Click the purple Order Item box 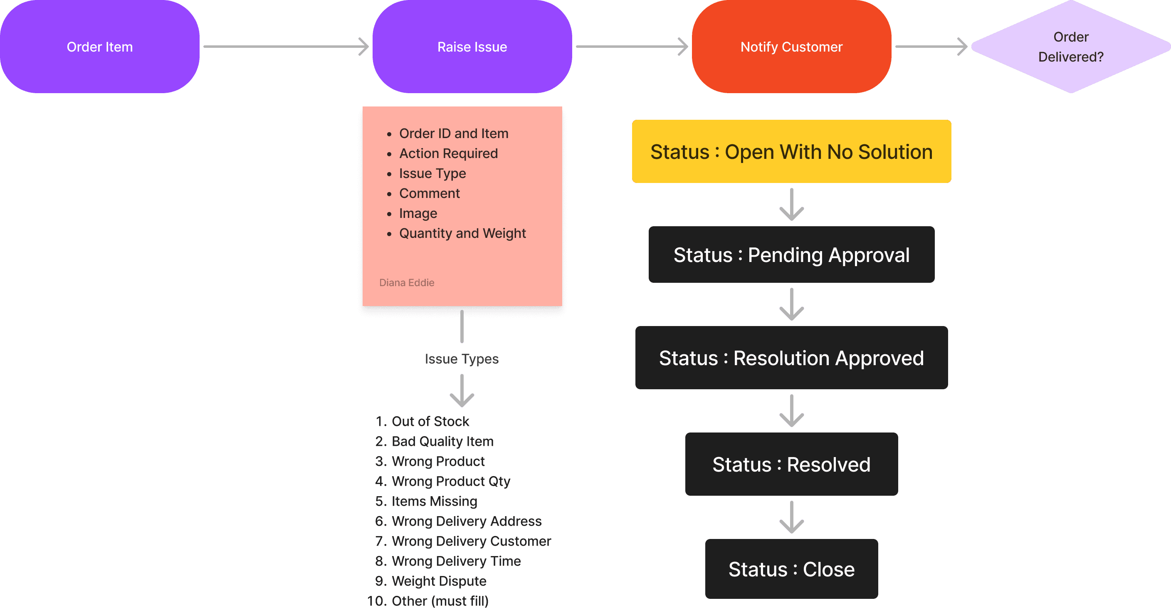(99, 47)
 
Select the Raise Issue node (472, 47)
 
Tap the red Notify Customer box (791, 47)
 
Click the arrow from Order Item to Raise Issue (286, 47)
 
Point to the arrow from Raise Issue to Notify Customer (632, 47)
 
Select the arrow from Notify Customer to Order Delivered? (931, 47)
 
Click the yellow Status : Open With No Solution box (791, 151)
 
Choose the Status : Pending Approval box (791, 255)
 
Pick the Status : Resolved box (791, 464)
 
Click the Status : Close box (791, 569)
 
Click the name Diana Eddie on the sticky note (406, 282)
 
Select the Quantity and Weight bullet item (462, 233)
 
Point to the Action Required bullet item (448, 153)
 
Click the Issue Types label (462, 359)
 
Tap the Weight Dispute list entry (439, 581)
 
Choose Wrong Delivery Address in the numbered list (467, 521)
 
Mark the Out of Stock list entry (430, 421)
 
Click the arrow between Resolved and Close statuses (791, 517)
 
